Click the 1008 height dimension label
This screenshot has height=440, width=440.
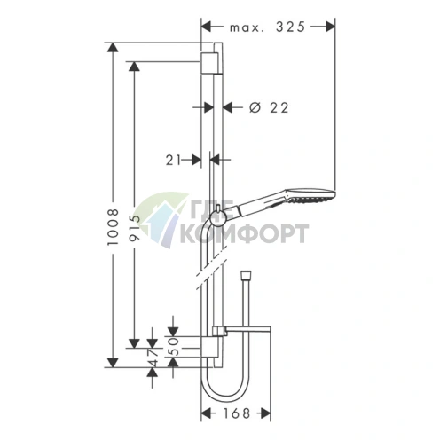pos(113,226)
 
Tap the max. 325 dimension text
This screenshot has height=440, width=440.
pos(267,27)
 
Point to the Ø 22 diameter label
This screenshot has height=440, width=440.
pos(269,108)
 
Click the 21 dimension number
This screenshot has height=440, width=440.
pos(173,161)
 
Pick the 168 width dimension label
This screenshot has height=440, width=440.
pos(237,413)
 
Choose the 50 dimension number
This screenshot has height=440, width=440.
pos(175,346)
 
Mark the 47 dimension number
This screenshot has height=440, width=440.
pos(153,357)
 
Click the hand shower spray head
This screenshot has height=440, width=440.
pos(309,195)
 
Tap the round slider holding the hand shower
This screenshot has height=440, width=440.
pos(218,219)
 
